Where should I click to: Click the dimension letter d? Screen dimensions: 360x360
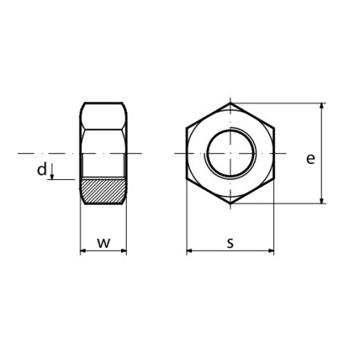tap(41, 169)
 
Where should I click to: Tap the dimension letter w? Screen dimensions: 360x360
tap(104, 241)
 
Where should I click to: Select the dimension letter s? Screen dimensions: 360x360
tap(229, 242)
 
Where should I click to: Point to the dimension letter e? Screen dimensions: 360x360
tap(310, 158)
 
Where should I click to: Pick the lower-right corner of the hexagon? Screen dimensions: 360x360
tap(273, 178)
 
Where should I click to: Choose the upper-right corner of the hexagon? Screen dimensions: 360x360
tap(273, 127)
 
